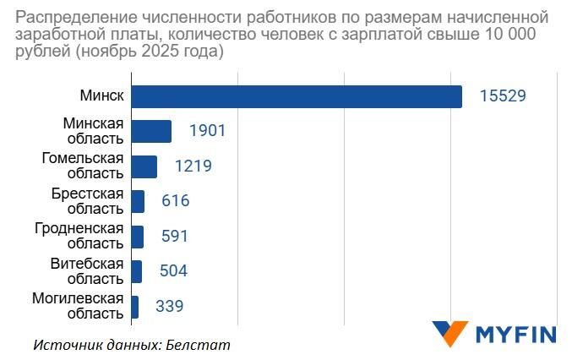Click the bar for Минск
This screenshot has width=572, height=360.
point(296,96)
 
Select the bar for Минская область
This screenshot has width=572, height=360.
point(151,132)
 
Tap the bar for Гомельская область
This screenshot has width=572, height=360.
point(144,166)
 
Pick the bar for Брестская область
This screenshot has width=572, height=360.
point(138,201)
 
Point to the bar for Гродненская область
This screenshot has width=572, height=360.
point(137,237)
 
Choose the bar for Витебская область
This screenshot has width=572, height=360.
point(136,271)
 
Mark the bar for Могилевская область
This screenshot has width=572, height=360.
point(134,306)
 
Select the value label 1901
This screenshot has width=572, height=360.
point(207,132)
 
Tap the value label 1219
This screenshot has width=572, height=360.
point(193,166)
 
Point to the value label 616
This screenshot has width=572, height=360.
point(175,201)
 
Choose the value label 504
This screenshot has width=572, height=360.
point(172,271)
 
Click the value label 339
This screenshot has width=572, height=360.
point(169,306)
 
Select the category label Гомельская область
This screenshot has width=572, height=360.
point(83,166)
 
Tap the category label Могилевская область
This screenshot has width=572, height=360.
point(78,305)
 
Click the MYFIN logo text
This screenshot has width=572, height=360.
point(516,334)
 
